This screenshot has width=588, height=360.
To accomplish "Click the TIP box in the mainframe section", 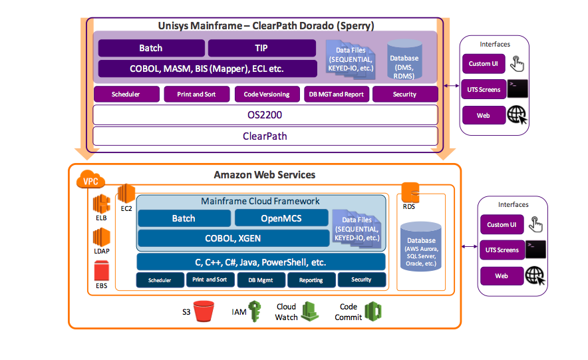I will click(x=261, y=49).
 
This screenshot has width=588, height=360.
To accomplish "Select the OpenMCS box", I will click(x=281, y=218).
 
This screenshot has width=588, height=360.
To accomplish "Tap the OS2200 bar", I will click(x=265, y=114).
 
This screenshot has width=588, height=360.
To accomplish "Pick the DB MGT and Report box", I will click(x=336, y=94).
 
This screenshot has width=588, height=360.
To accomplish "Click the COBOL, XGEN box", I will click(x=233, y=238).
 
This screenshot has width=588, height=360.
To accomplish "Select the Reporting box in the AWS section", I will click(x=311, y=280).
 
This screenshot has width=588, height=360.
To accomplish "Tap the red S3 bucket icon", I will click(x=204, y=311).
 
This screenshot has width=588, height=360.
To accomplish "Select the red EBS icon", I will click(x=102, y=271).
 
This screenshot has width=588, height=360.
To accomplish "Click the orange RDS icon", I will click(x=410, y=191).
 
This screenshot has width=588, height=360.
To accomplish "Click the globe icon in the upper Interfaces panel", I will click(x=517, y=115).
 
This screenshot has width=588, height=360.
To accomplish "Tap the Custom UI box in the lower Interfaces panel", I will click(x=502, y=224).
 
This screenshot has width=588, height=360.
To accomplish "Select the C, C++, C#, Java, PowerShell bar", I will click(x=261, y=262).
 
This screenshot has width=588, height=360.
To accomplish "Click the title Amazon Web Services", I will click(x=264, y=175).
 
